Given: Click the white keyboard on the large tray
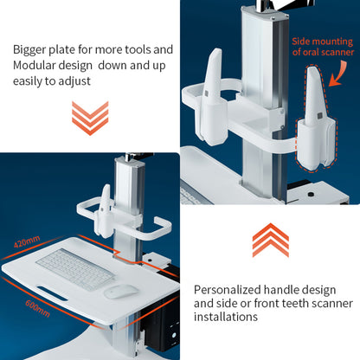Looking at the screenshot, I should pos(75,269).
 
